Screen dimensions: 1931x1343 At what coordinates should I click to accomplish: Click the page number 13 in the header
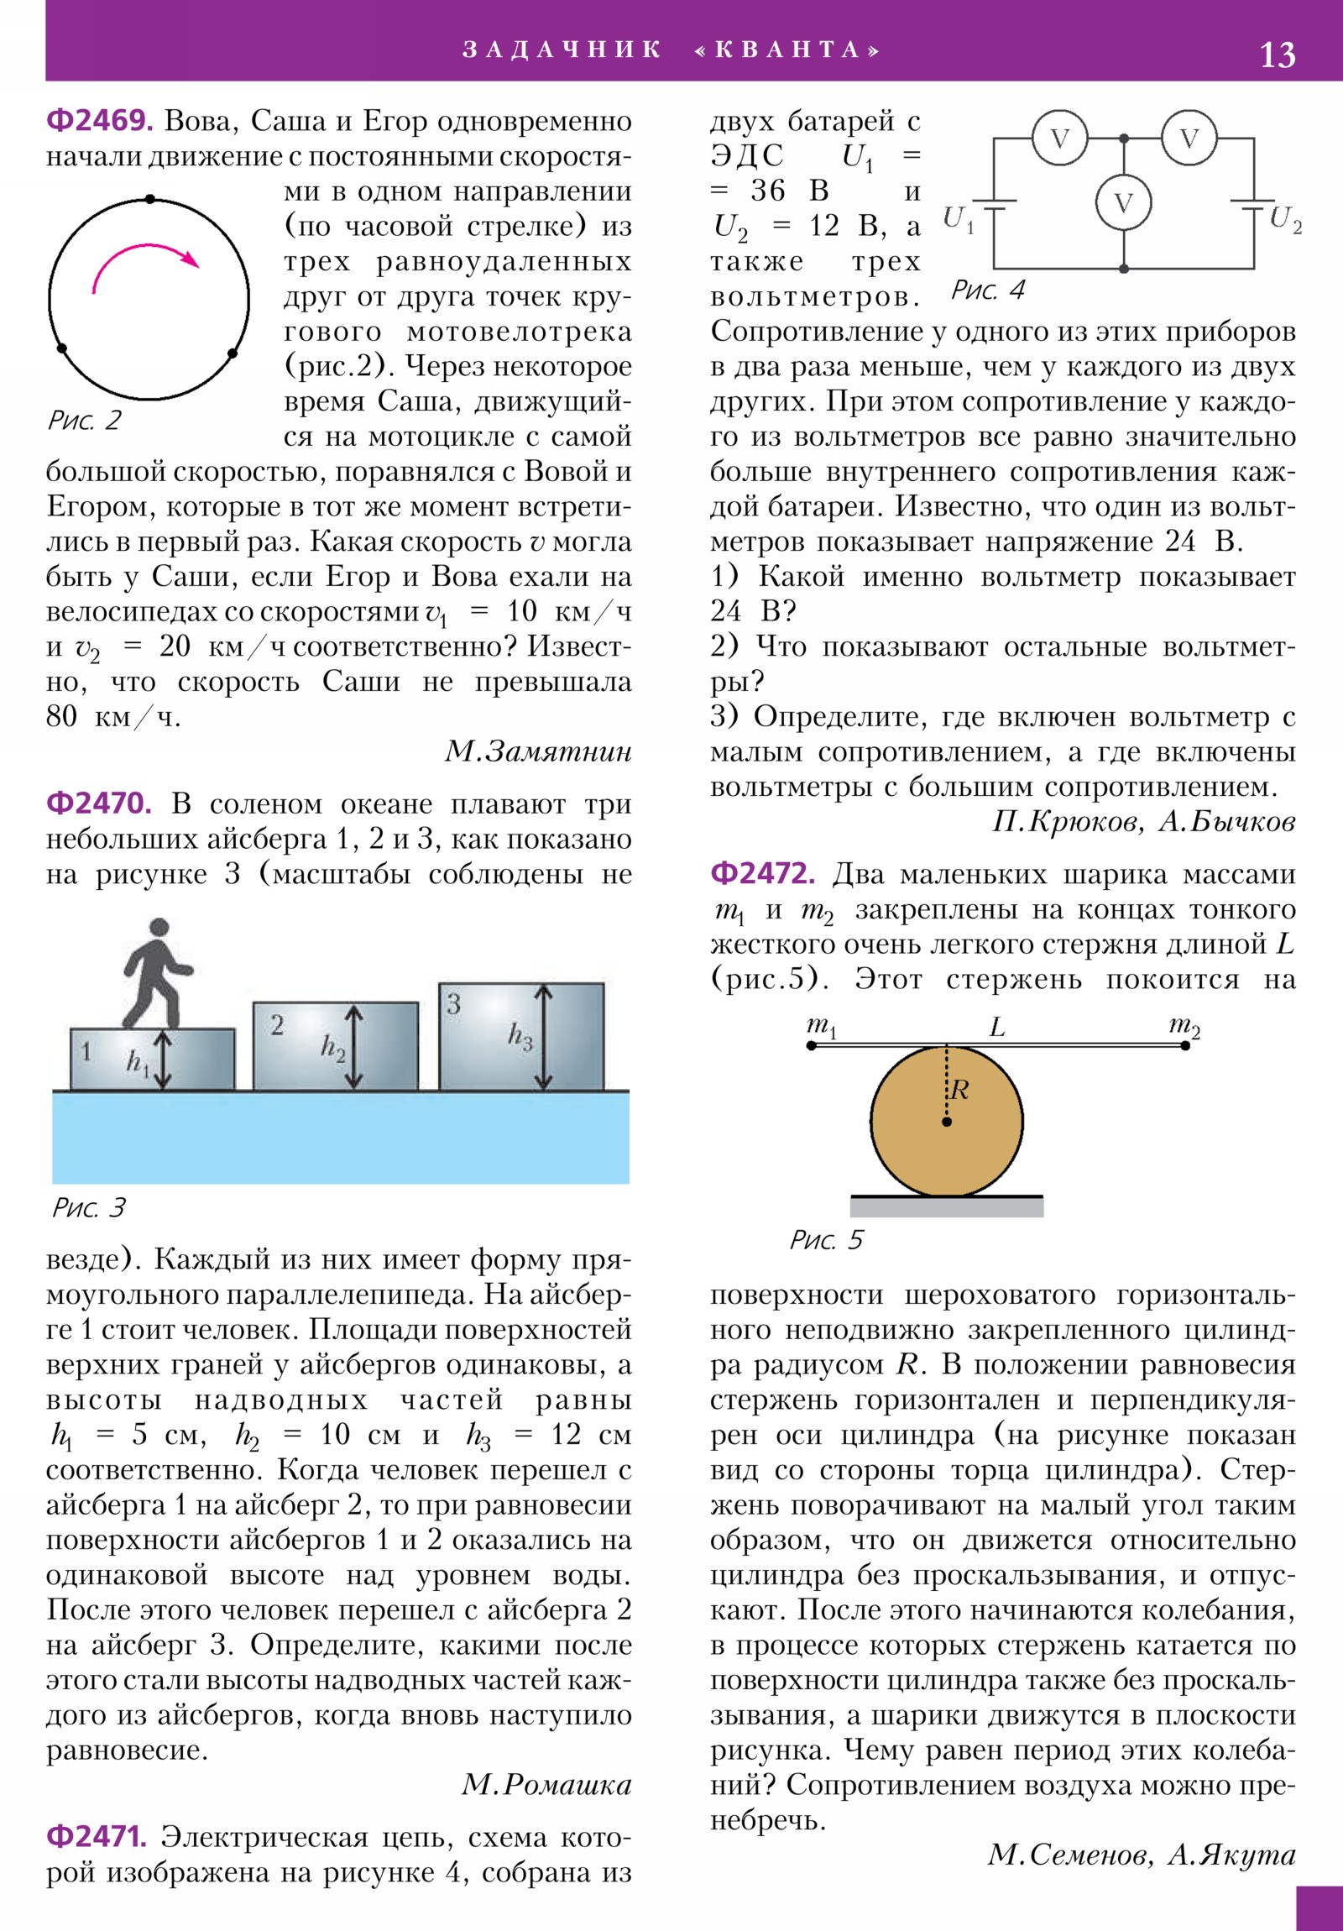(1277, 55)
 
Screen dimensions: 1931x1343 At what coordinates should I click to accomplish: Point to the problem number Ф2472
(763, 874)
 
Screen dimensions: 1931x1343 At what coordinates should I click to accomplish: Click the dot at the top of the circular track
(149, 199)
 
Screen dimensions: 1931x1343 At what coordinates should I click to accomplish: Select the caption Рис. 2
(84, 421)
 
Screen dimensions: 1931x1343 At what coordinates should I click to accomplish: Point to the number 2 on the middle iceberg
(277, 1024)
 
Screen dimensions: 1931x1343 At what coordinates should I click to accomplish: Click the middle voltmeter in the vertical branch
(1124, 203)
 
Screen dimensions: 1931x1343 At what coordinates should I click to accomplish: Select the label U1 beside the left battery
(958, 219)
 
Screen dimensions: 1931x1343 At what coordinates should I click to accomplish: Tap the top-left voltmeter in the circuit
(1059, 139)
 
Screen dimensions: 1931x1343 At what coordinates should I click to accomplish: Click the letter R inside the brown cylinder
(959, 1090)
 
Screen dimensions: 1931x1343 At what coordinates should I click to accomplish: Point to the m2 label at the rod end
(1184, 1025)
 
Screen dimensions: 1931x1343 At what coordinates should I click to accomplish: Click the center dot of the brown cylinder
(947, 1121)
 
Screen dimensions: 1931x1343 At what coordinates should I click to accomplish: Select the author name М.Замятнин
(538, 751)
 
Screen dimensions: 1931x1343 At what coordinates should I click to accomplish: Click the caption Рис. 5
(826, 1241)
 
